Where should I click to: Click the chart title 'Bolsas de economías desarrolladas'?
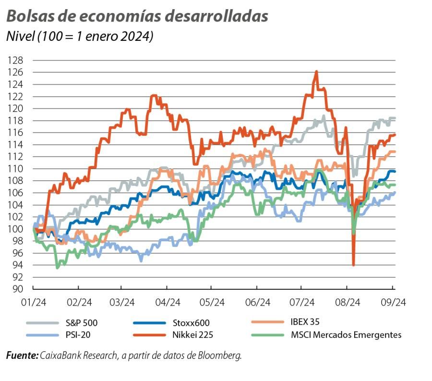(x=137, y=16)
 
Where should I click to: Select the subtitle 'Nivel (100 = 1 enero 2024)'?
(x=79, y=37)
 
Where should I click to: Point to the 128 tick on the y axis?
(x=16, y=61)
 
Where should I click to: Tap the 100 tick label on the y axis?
(x=16, y=229)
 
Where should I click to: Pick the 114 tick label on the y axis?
(x=16, y=145)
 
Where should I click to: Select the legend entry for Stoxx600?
(x=191, y=323)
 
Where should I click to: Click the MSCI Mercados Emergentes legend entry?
(x=346, y=335)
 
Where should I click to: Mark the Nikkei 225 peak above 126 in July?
(x=316, y=72)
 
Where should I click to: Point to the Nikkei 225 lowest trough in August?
(x=354, y=265)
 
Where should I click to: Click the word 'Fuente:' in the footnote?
(x=22, y=356)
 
